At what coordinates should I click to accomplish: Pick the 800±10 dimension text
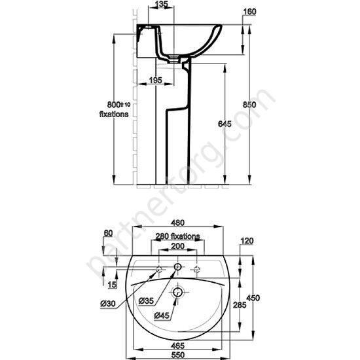pyautogui.click(x=105, y=105)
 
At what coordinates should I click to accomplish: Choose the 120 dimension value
pyautogui.click(x=247, y=241)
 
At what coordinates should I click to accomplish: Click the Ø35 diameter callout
pyautogui.click(x=146, y=300)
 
